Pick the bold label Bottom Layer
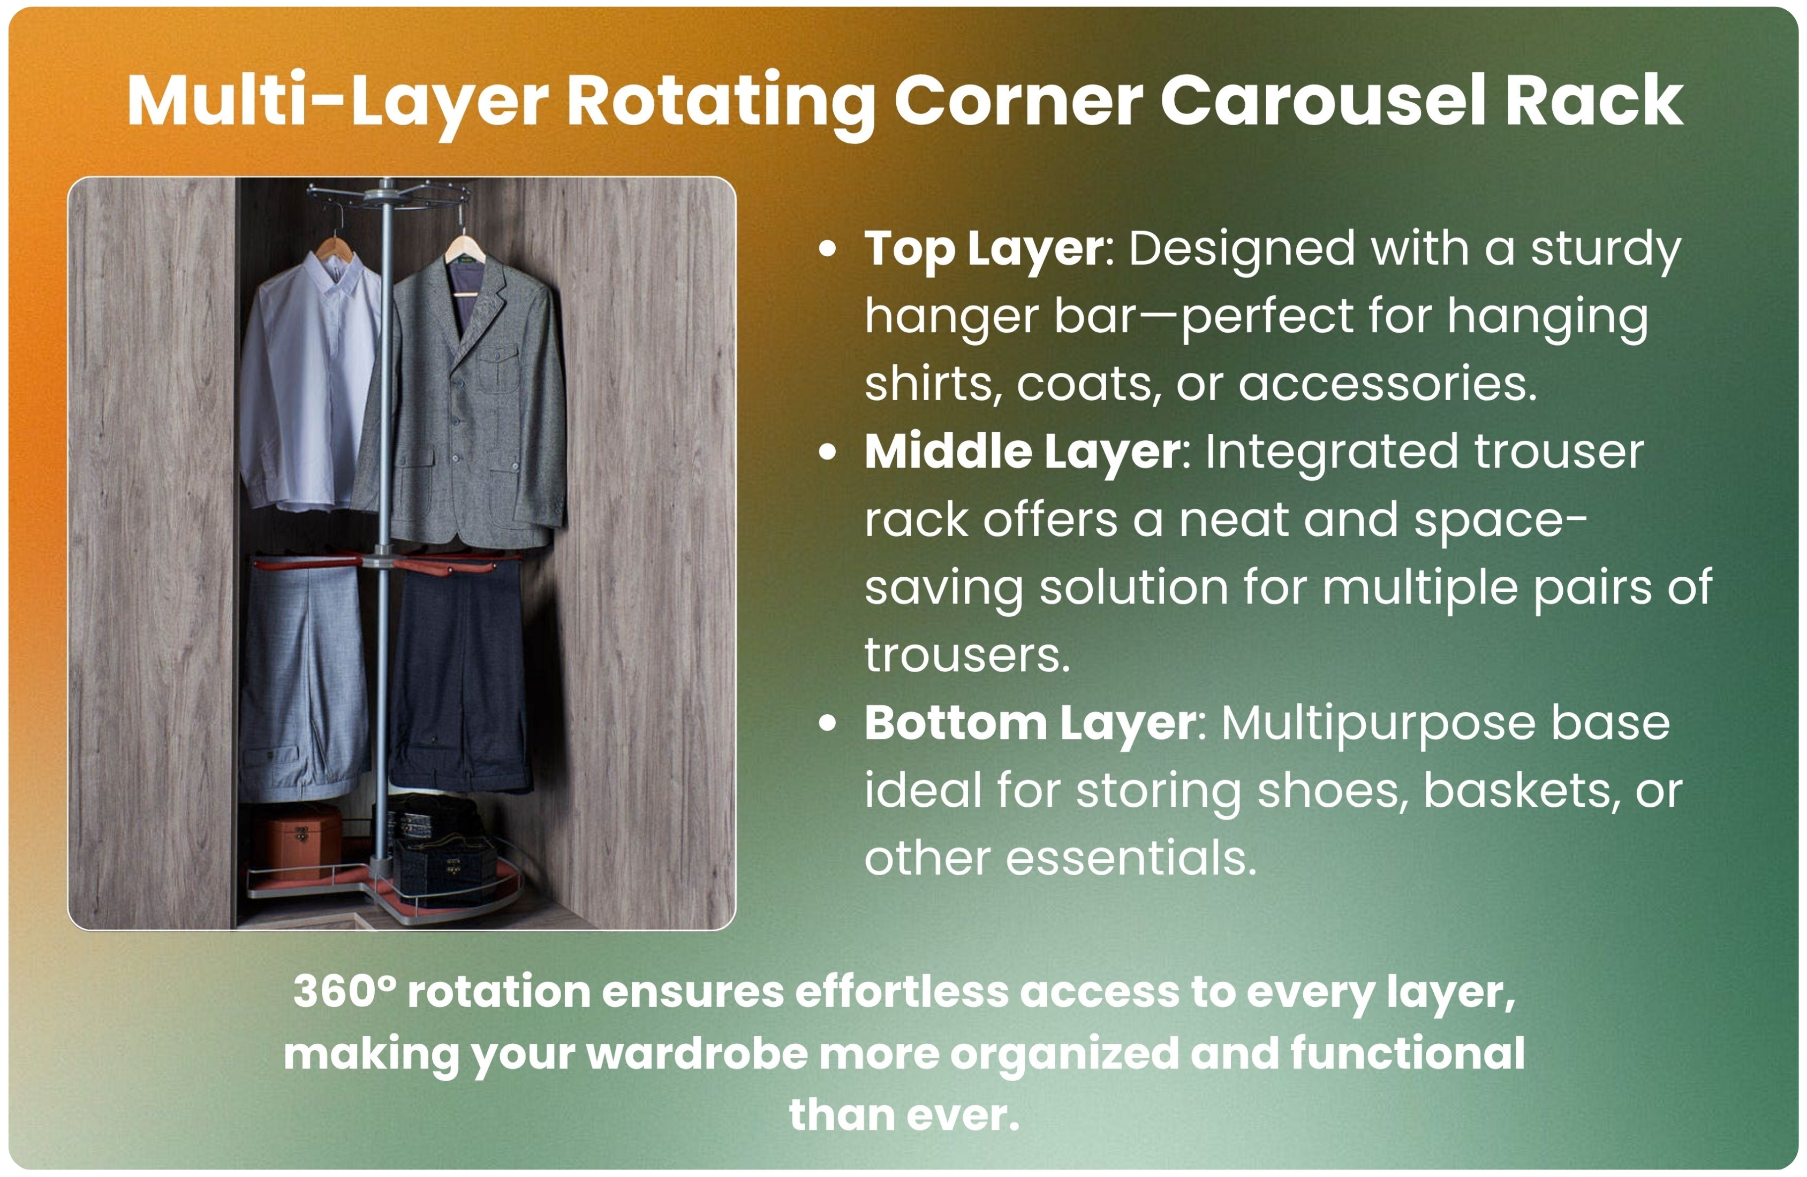[1030, 724]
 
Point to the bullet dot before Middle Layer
[828, 452]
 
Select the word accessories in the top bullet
[1387, 384]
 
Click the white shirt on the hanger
[310, 379]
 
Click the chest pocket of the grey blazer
[499, 365]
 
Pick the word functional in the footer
[1408, 1053]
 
